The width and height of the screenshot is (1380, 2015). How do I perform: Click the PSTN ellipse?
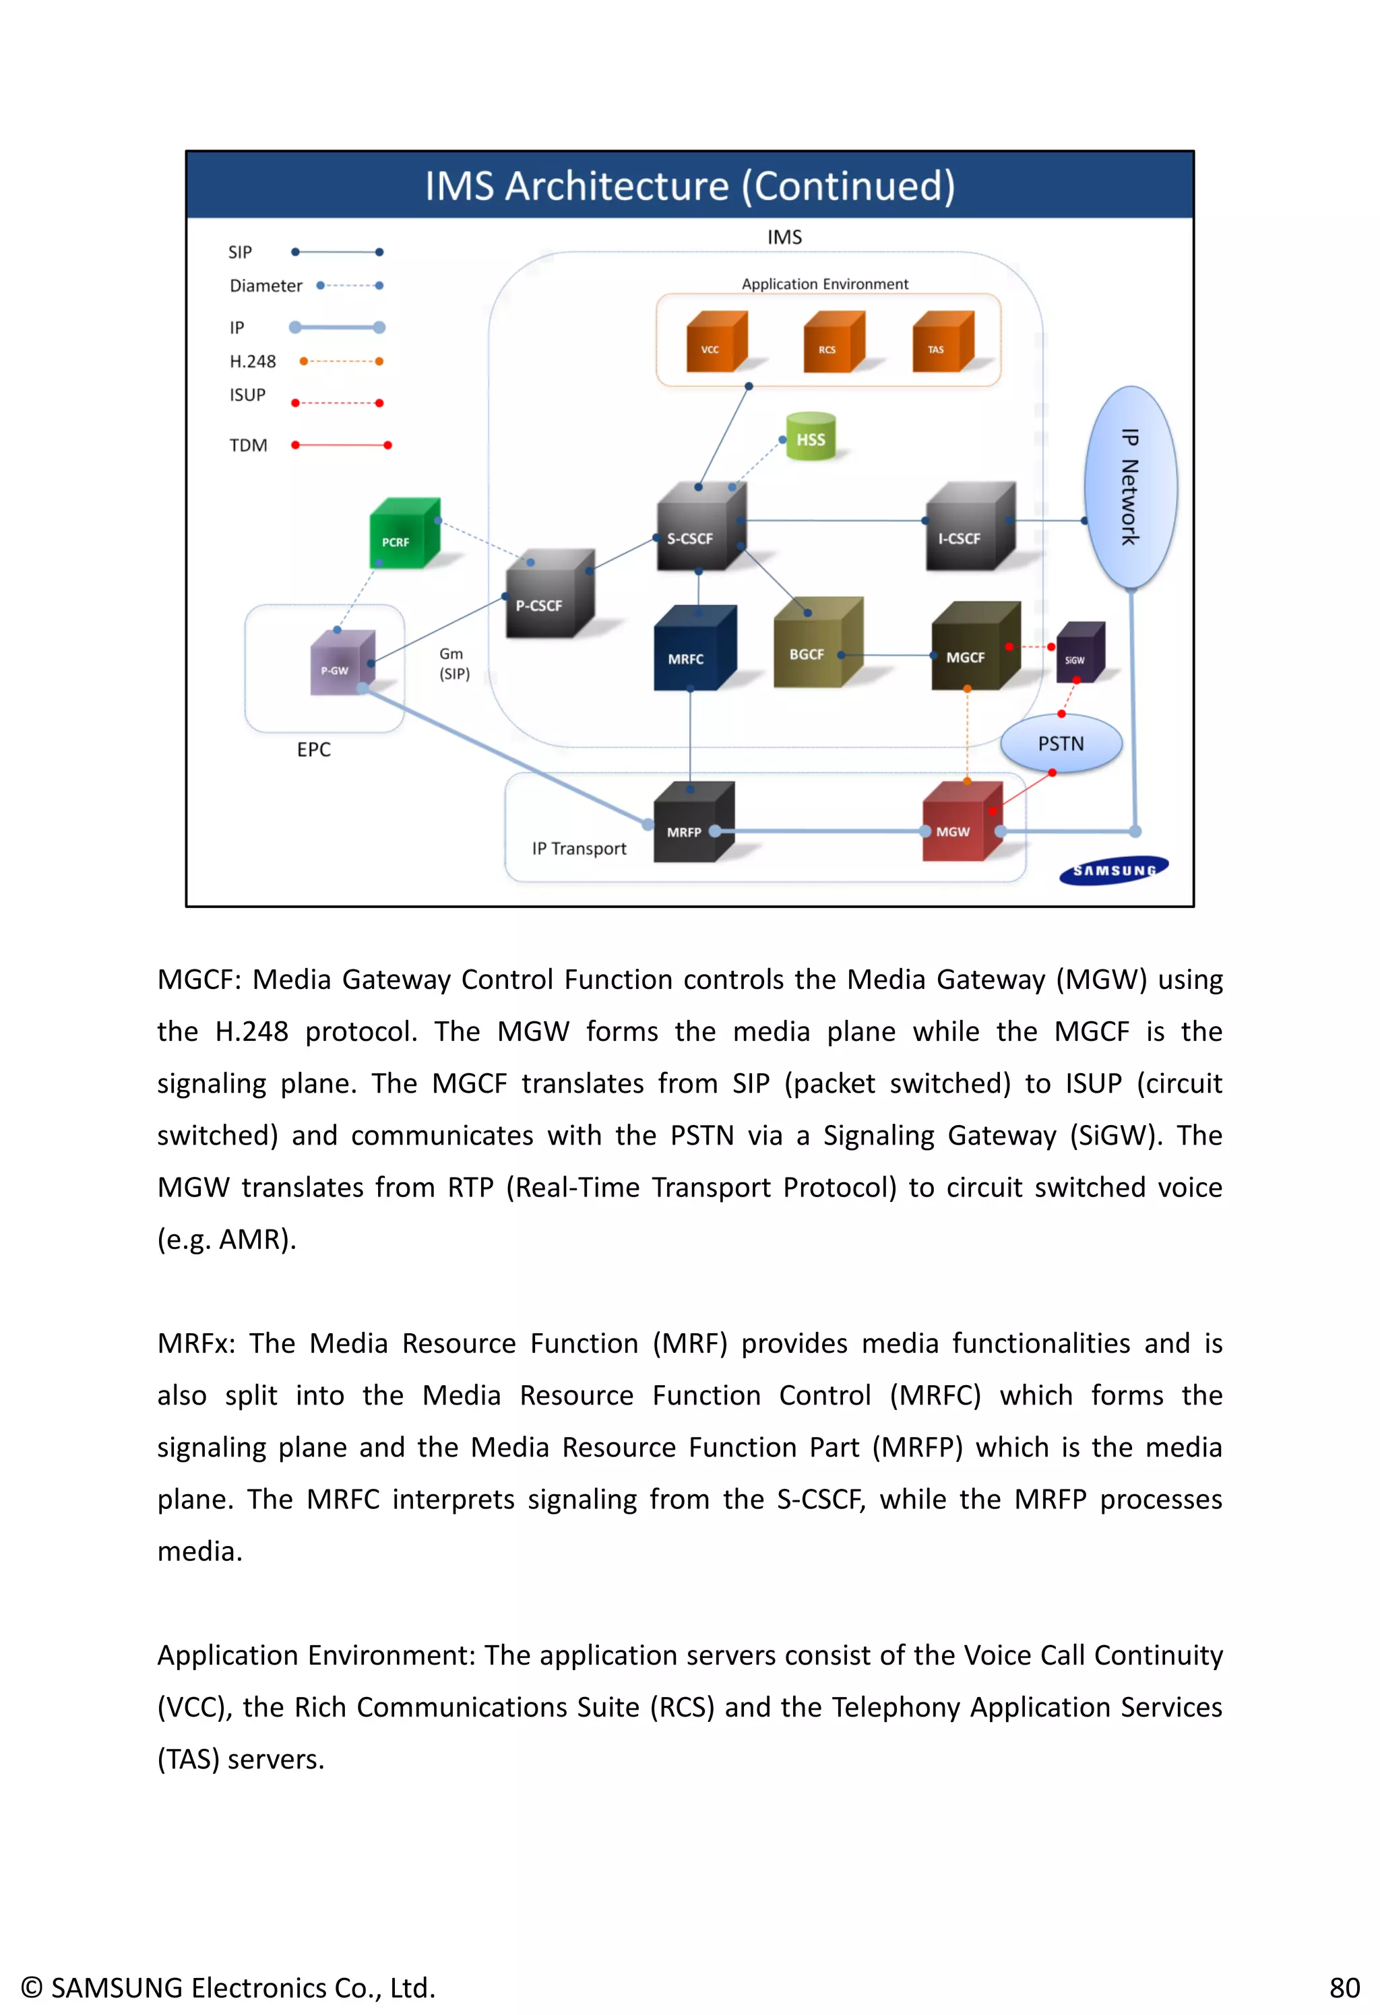pyautogui.click(x=1060, y=743)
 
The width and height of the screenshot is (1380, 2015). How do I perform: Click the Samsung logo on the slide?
pyautogui.click(x=1113, y=870)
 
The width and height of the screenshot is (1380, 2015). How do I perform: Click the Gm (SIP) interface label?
pyautogui.click(x=453, y=664)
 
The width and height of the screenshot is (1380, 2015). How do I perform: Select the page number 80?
pyautogui.click(x=1344, y=1987)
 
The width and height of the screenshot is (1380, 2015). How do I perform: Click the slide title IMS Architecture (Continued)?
pyautogui.click(x=689, y=185)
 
